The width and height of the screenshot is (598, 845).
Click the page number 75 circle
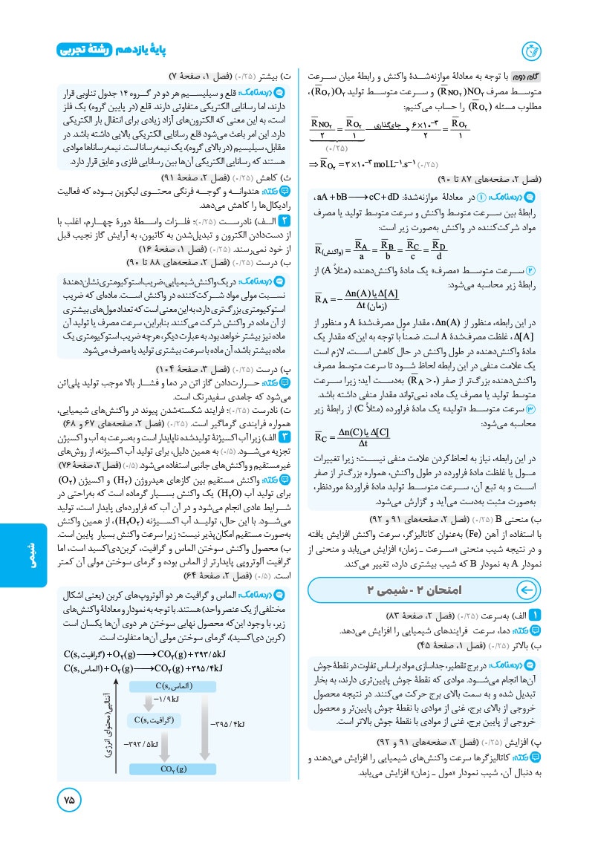(69, 800)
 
